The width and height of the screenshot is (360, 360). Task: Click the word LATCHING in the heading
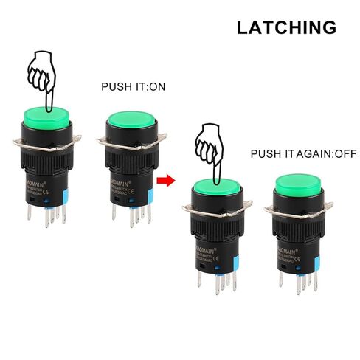click(286, 28)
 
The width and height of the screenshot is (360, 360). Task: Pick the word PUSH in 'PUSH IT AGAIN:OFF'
click(263, 155)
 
